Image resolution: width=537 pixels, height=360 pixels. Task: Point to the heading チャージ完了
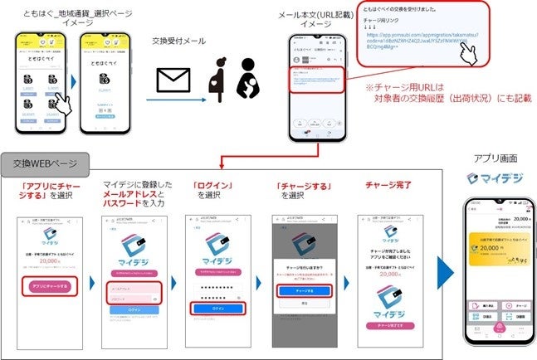point(388,185)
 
